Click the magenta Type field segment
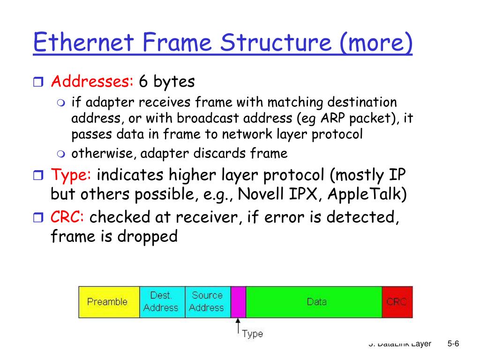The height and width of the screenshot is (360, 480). click(238, 302)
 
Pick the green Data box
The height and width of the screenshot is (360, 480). click(314, 302)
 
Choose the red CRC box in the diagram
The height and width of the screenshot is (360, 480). click(397, 302)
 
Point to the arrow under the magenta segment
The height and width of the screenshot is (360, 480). click(238, 325)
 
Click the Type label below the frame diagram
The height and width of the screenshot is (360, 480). click(252, 334)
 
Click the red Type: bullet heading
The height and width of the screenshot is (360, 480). click(71, 175)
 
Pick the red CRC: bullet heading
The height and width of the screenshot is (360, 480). click(67, 217)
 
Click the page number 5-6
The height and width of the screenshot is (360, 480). click(453, 344)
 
